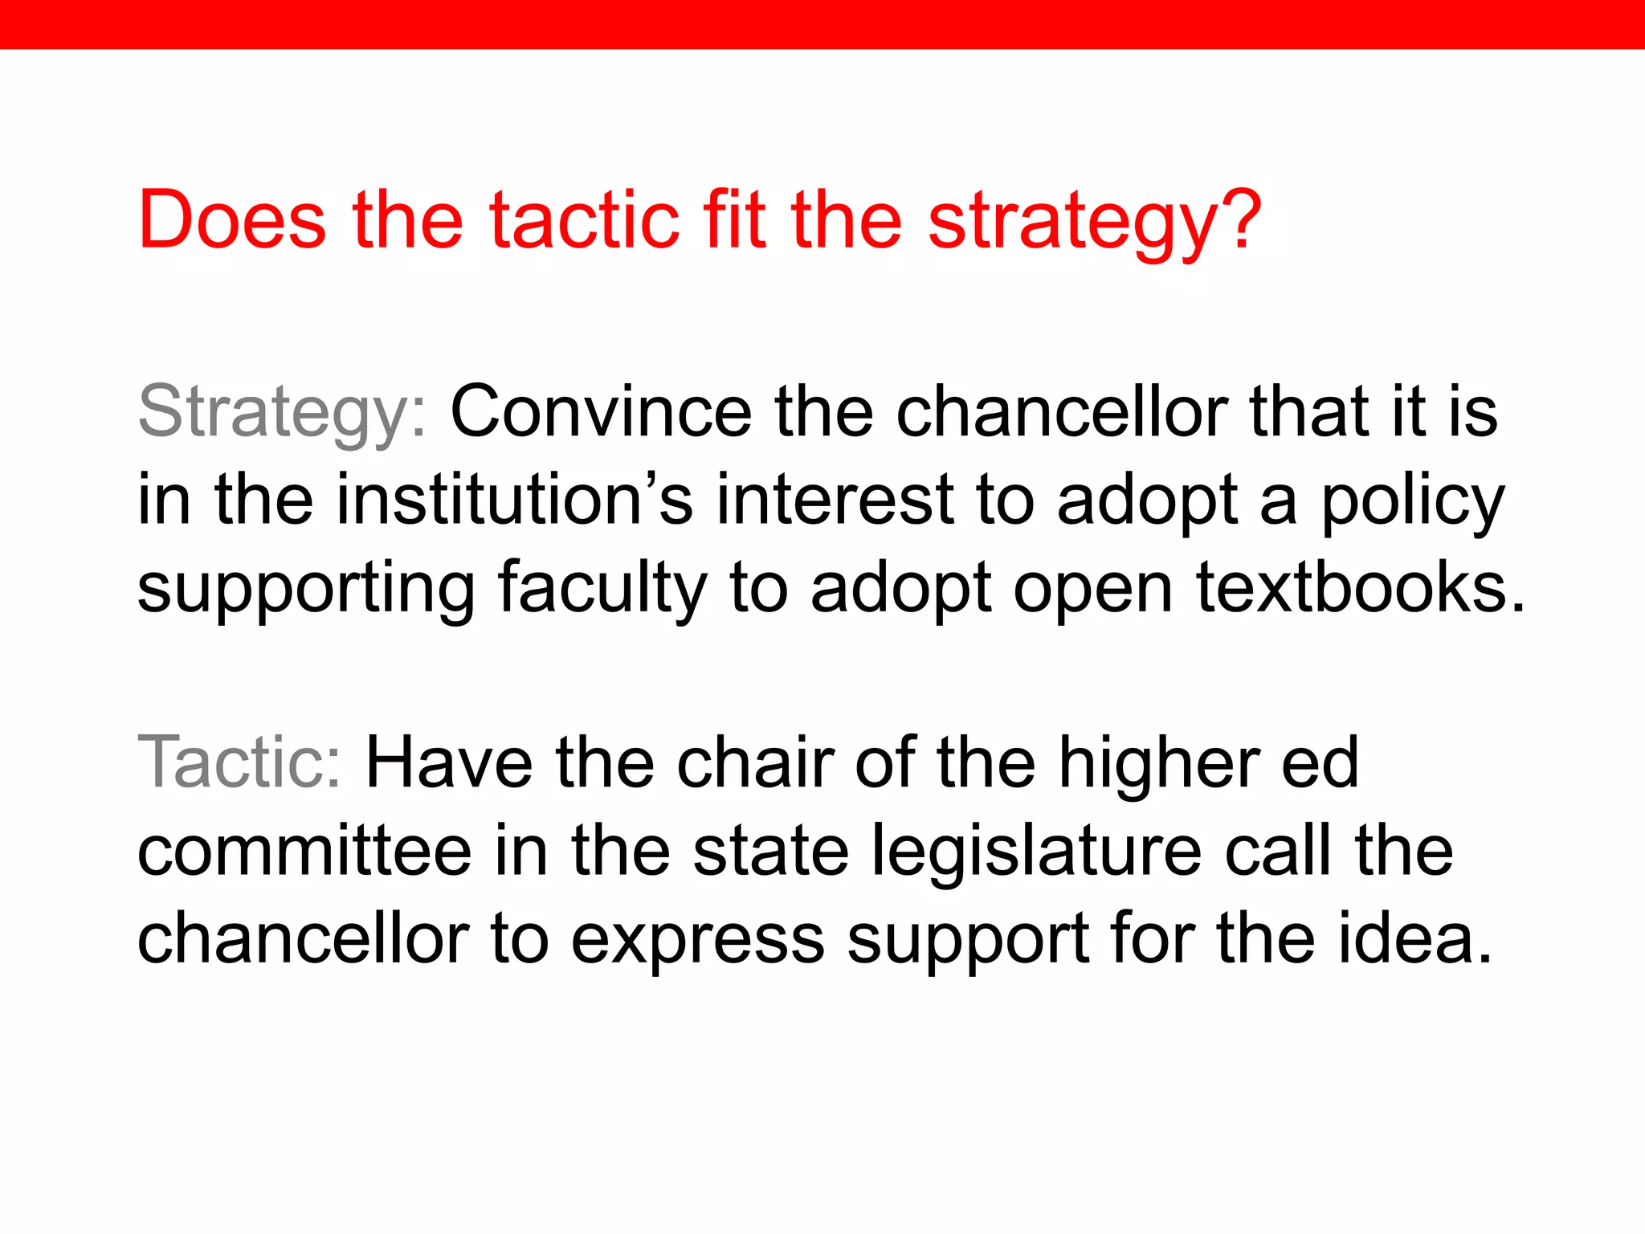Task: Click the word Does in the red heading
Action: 232,219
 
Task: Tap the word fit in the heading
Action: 732,219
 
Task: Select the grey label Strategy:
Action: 282,412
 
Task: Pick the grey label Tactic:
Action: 240,762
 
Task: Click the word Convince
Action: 600,412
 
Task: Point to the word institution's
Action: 514,500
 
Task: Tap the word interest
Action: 835,500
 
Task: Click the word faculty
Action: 602,589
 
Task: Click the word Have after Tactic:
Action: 449,762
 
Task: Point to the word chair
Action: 755,762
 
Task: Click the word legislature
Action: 1037,852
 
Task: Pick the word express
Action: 697,940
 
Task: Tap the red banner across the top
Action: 822,24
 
